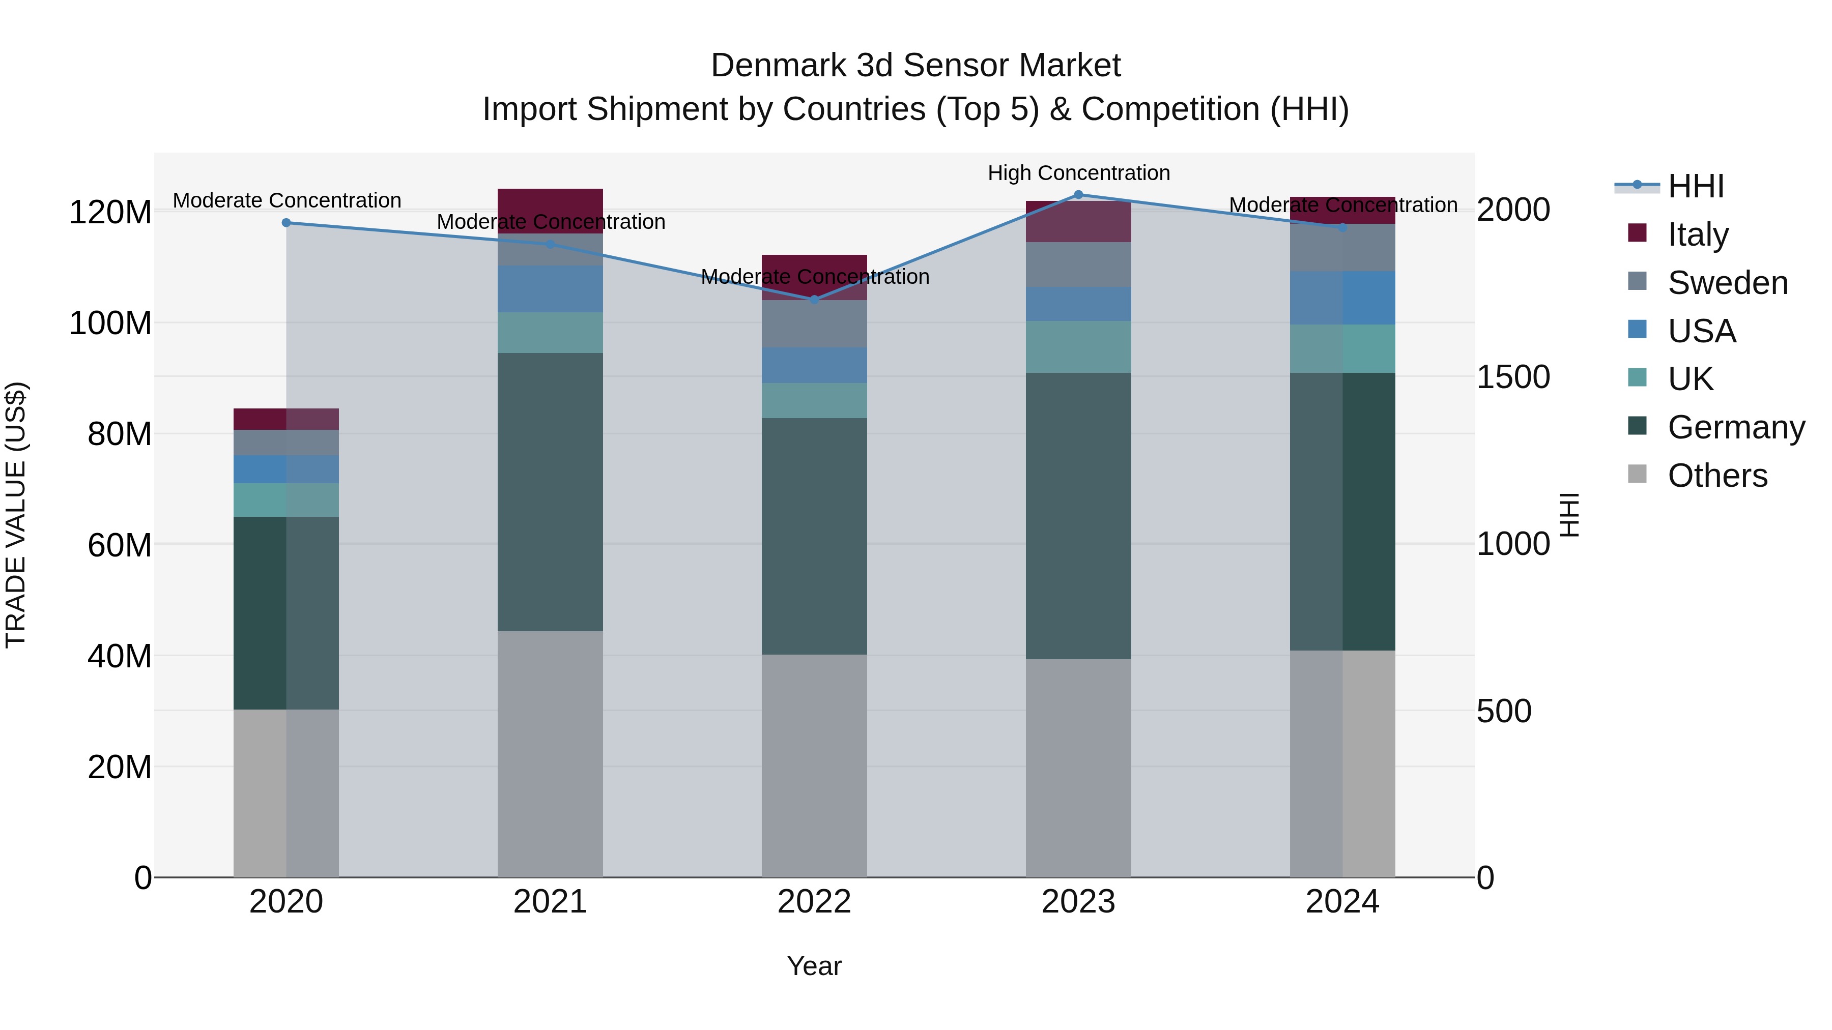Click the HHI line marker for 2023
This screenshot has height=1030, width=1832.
pos(1078,195)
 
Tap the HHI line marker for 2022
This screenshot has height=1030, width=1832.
pos(814,299)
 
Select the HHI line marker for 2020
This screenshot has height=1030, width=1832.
pos(287,222)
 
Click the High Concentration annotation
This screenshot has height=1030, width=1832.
pos(1078,173)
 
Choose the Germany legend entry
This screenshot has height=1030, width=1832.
pos(1735,427)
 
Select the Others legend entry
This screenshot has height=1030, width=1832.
pos(1717,476)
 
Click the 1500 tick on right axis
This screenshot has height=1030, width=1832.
pos(1513,377)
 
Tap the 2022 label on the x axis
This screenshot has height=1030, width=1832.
pos(814,902)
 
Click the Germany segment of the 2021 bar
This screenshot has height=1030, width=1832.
pos(550,492)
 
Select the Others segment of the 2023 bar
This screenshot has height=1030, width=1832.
pos(1078,768)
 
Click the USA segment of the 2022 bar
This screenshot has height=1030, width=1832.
pos(814,365)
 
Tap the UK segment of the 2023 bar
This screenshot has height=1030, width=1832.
pos(1078,347)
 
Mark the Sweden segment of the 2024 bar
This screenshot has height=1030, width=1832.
pos(1342,247)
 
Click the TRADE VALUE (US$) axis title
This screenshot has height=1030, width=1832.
pos(16,515)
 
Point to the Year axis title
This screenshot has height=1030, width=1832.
pos(814,966)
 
